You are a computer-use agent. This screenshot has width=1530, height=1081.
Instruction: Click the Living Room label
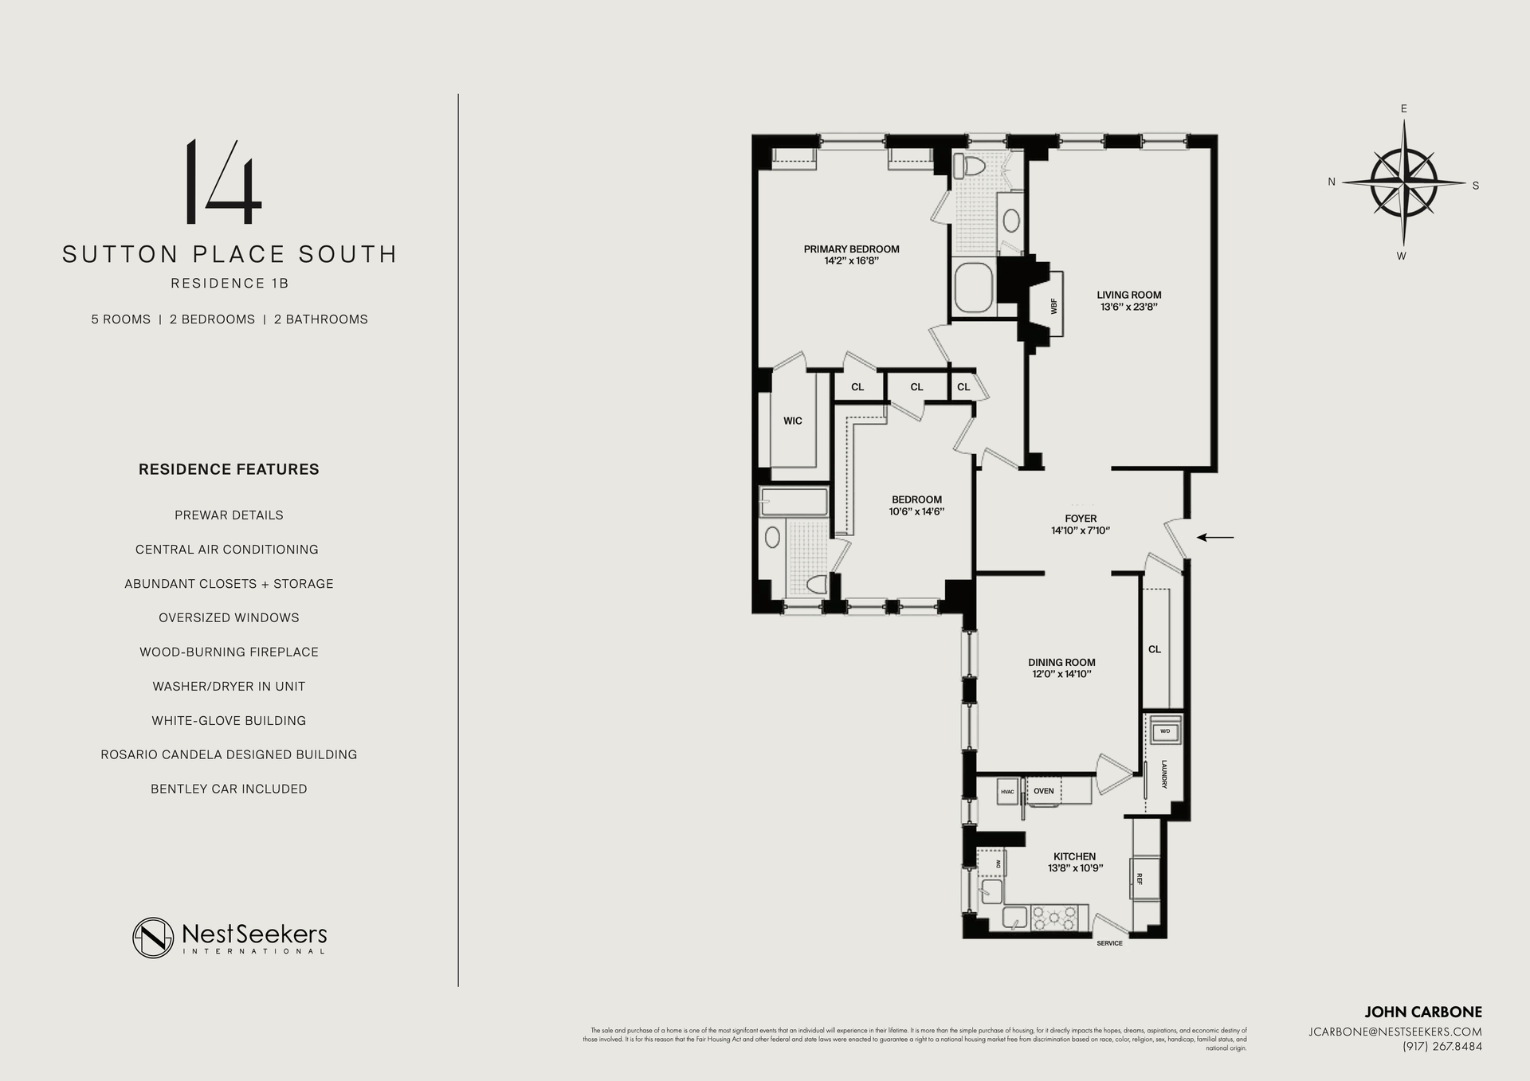click(1128, 295)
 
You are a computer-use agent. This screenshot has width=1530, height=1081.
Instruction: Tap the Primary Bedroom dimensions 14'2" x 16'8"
click(851, 260)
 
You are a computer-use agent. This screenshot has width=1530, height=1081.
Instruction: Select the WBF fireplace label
click(1053, 305)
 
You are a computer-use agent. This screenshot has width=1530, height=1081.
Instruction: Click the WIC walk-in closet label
click(792, 421)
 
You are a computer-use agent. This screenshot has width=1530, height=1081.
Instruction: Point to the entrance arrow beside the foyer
click(1215, 538)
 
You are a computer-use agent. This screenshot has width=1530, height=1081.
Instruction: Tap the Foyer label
click(1081, 519)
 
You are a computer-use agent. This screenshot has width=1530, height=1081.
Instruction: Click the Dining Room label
click(1061, 662)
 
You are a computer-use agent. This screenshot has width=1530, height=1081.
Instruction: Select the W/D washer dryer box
click(1165, 730)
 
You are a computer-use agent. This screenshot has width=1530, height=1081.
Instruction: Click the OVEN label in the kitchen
click(1043, 791)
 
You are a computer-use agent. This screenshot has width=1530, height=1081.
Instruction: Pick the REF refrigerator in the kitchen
click(1140, 879)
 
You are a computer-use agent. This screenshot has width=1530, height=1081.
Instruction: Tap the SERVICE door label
click(1109, 943)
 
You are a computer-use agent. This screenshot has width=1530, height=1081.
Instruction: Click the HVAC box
click(1007, 791)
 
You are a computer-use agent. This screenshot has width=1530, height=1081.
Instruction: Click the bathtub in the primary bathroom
click(973, 288)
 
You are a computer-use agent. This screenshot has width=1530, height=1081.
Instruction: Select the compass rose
click(1404, 182)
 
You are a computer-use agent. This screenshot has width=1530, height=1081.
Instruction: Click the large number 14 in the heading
click(223, 182)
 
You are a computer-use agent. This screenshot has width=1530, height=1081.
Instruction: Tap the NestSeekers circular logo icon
click(153, 938)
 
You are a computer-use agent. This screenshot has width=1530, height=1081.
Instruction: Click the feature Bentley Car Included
click(229, 789)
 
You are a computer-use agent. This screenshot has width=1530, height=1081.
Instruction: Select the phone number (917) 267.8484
click(1442, 1047)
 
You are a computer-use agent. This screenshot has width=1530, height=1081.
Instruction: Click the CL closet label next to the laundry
click(1155, 649)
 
